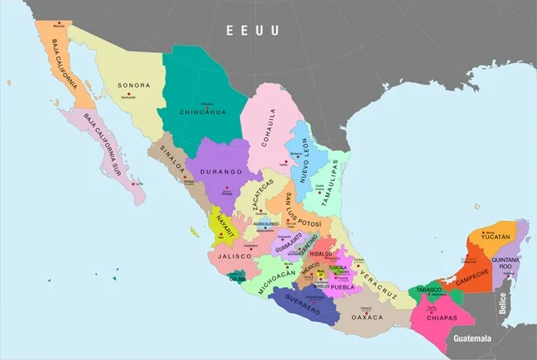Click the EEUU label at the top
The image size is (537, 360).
tap(252, 31)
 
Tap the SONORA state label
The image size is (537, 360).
tap(134, 85)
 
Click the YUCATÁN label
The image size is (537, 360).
tap(494, 237)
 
